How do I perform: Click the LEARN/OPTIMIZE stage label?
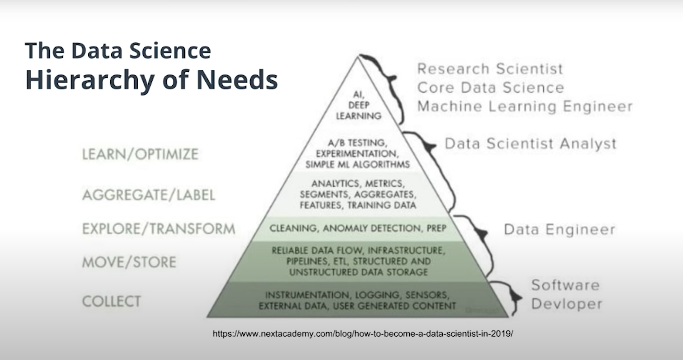point(140,154)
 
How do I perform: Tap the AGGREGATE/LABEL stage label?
point(148,195)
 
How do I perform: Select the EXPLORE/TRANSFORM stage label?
point(159,229)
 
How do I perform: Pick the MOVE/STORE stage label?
point(129,262)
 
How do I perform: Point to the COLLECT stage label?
point(111,301)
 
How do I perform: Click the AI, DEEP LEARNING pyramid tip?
point(359,105)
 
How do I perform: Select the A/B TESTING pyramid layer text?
point(357,154)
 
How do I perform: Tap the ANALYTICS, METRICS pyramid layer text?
point(358,194)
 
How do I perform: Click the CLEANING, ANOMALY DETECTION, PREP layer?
point(358,228)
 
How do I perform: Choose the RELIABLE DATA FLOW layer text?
point(358,261)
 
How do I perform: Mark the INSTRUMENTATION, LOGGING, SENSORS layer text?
point(357,300)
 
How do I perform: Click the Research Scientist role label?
point(490,69)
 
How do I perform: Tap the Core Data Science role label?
point(491,88)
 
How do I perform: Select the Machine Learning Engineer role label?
point(525,106)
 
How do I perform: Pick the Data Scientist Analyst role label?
point(530,144)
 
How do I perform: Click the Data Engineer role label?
point(559,229)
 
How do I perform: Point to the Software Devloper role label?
point(566,294)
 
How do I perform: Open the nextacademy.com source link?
point(363,334)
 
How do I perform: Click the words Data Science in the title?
point(141,51)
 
